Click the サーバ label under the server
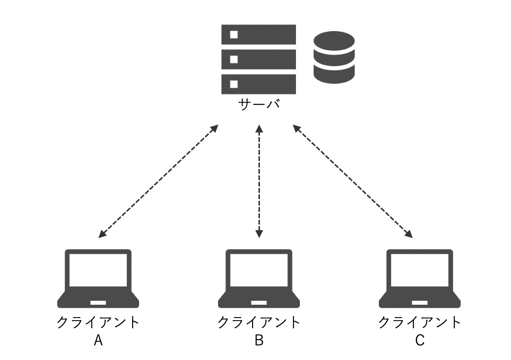coord(259,105)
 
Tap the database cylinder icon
coord(334,57)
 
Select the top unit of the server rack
coord(258,35)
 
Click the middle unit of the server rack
coord(258,59)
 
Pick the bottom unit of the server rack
coord(258,83)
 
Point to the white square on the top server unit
coord(234,35)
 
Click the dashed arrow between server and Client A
coord(158,181)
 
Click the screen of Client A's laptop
coord(98,270)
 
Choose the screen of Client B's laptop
coord(259,270)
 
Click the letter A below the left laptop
coord(98,340)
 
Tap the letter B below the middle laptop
coord(259,340)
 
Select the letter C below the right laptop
coord(420,340)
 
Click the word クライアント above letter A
coord(98,323)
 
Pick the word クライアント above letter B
coord(259,323)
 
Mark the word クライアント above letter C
coord(420,323)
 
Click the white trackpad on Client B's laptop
coord(259,301)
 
